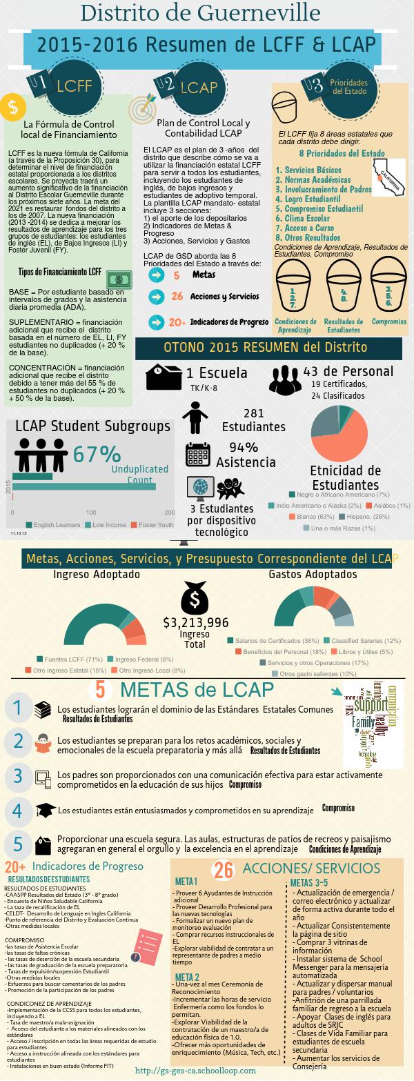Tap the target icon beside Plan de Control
[x=142, y=109]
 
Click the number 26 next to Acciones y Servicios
[x=177, y=296]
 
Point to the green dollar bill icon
[x=119, y=279]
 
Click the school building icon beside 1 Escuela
[x=163, y=376]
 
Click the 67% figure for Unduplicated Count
[x=97, y=454]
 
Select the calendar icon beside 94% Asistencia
[x=197, y=455]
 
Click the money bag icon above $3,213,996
[x=194, y=597]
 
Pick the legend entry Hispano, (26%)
[x=352, y=516]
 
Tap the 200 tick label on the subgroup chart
[x=170, y=512]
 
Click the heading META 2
[x=187, y=976]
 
